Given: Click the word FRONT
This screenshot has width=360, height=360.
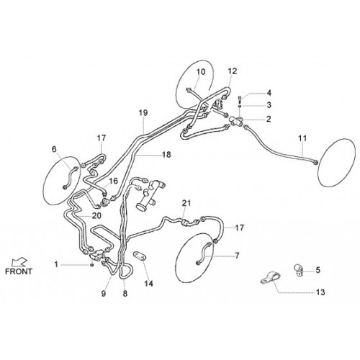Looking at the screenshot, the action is coord(19,271).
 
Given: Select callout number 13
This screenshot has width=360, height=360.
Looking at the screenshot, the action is coord(320,292).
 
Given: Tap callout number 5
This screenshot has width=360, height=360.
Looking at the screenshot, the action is coord(318,270).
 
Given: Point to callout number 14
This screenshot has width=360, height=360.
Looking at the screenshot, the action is coord(148,284).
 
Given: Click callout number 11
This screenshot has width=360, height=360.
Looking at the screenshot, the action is coord(302,138).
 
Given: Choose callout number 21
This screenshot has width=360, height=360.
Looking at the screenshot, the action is coord(186,203).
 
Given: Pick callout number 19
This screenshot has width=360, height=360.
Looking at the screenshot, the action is coord(143,113).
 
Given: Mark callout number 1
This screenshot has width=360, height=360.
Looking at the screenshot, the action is coord(56,264).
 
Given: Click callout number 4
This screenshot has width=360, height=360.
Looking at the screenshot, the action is coord(269,93).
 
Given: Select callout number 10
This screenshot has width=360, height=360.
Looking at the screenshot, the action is coord(201,72).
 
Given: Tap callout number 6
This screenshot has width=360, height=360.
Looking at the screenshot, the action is coord(54,149).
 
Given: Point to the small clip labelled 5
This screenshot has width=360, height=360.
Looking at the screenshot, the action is coord(299,270).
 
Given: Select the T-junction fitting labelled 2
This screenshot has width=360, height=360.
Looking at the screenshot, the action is coord(237,120).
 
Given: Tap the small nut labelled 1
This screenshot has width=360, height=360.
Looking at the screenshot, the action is coord(91,265).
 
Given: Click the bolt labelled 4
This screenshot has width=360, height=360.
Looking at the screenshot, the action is coord(240,98).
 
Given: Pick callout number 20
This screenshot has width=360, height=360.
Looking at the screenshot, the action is coord(96,216).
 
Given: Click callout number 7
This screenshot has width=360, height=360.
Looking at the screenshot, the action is coord(237,256).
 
